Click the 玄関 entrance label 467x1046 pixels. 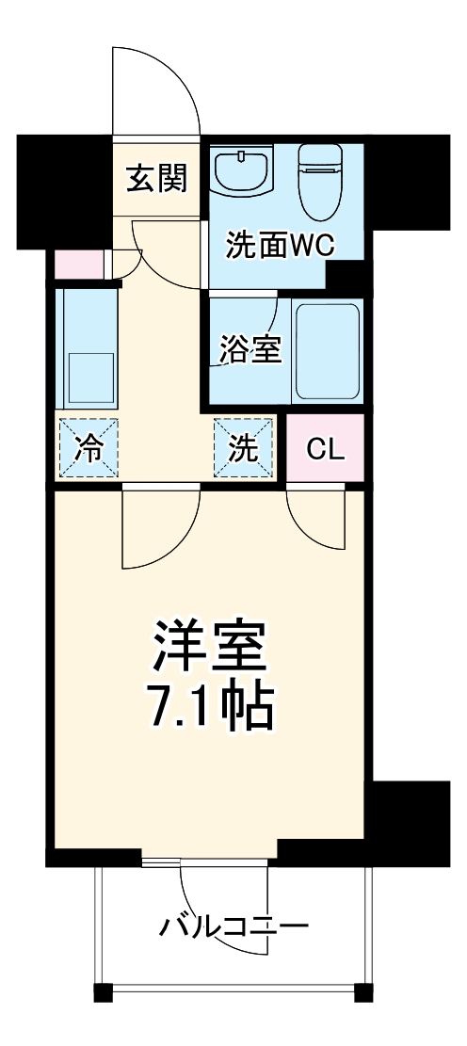pyautogui.click(x=156, y=176)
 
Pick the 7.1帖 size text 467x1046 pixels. pyautogui.click(x=209, y=706)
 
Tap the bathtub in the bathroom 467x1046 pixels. pyautogui.click(x=326, y=350)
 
